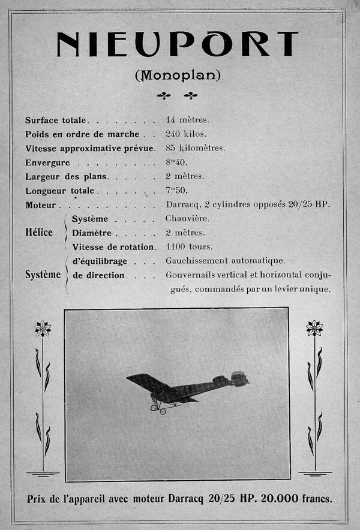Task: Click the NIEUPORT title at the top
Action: (x=177, y=44)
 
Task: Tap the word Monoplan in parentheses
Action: (x=178, y=76)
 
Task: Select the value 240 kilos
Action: (x=186, y=134)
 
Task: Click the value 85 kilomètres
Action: (x=196, y=148)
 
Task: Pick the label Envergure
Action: (x=47, y=163)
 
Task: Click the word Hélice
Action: (x=39, y=233)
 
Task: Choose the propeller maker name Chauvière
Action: (x=188, y=218)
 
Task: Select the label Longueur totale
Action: (x=60, y=191)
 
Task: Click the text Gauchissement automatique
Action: (x=225, y=261)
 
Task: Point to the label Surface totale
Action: (x=56, y=120)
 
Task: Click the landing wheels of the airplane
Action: (x=158, y=410)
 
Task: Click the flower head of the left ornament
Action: (x=43, y=328)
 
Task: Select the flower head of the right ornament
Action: (x=314, y=328)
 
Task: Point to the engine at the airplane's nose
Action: (x=239, y=378)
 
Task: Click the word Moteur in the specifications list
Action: (x=41, y=205)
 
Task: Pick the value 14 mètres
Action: (x=187, y=120)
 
